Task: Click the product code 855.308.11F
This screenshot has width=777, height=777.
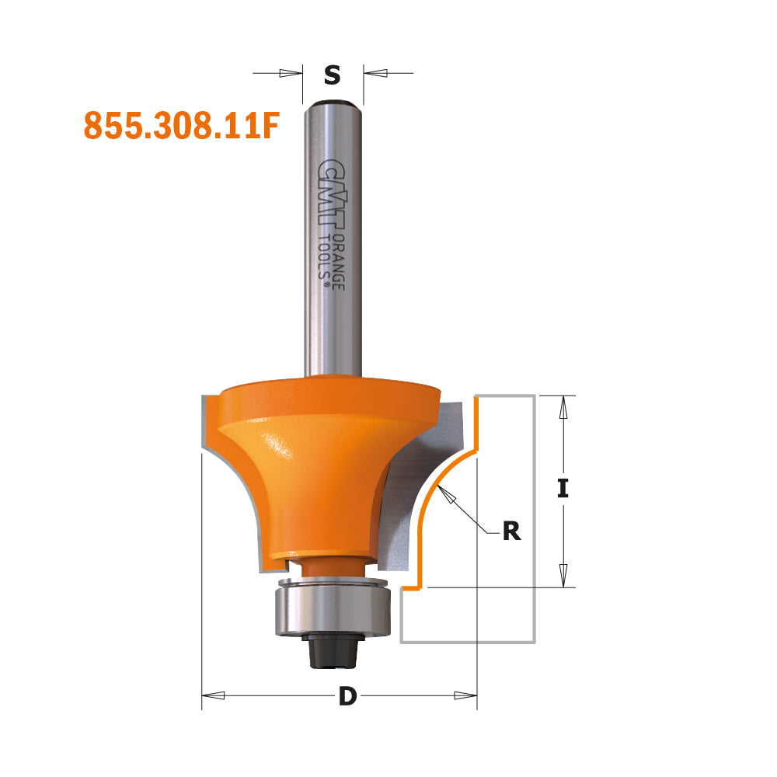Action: coord(180,126)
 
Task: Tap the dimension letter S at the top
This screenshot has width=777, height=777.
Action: coord(333,75)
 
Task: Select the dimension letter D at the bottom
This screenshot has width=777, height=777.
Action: coord(347,697)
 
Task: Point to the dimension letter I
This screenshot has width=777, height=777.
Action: coord(563,489)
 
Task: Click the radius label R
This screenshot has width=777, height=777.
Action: coord(510,531)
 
